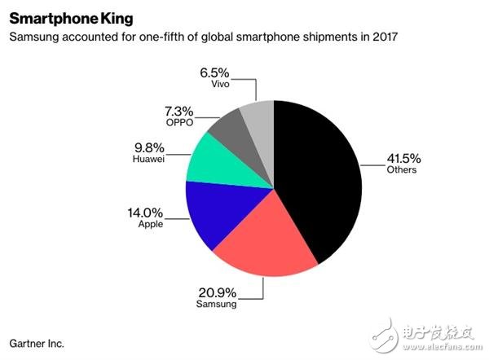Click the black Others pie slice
(318, 179)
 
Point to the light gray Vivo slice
(259, 117)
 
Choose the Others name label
(403, 169)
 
